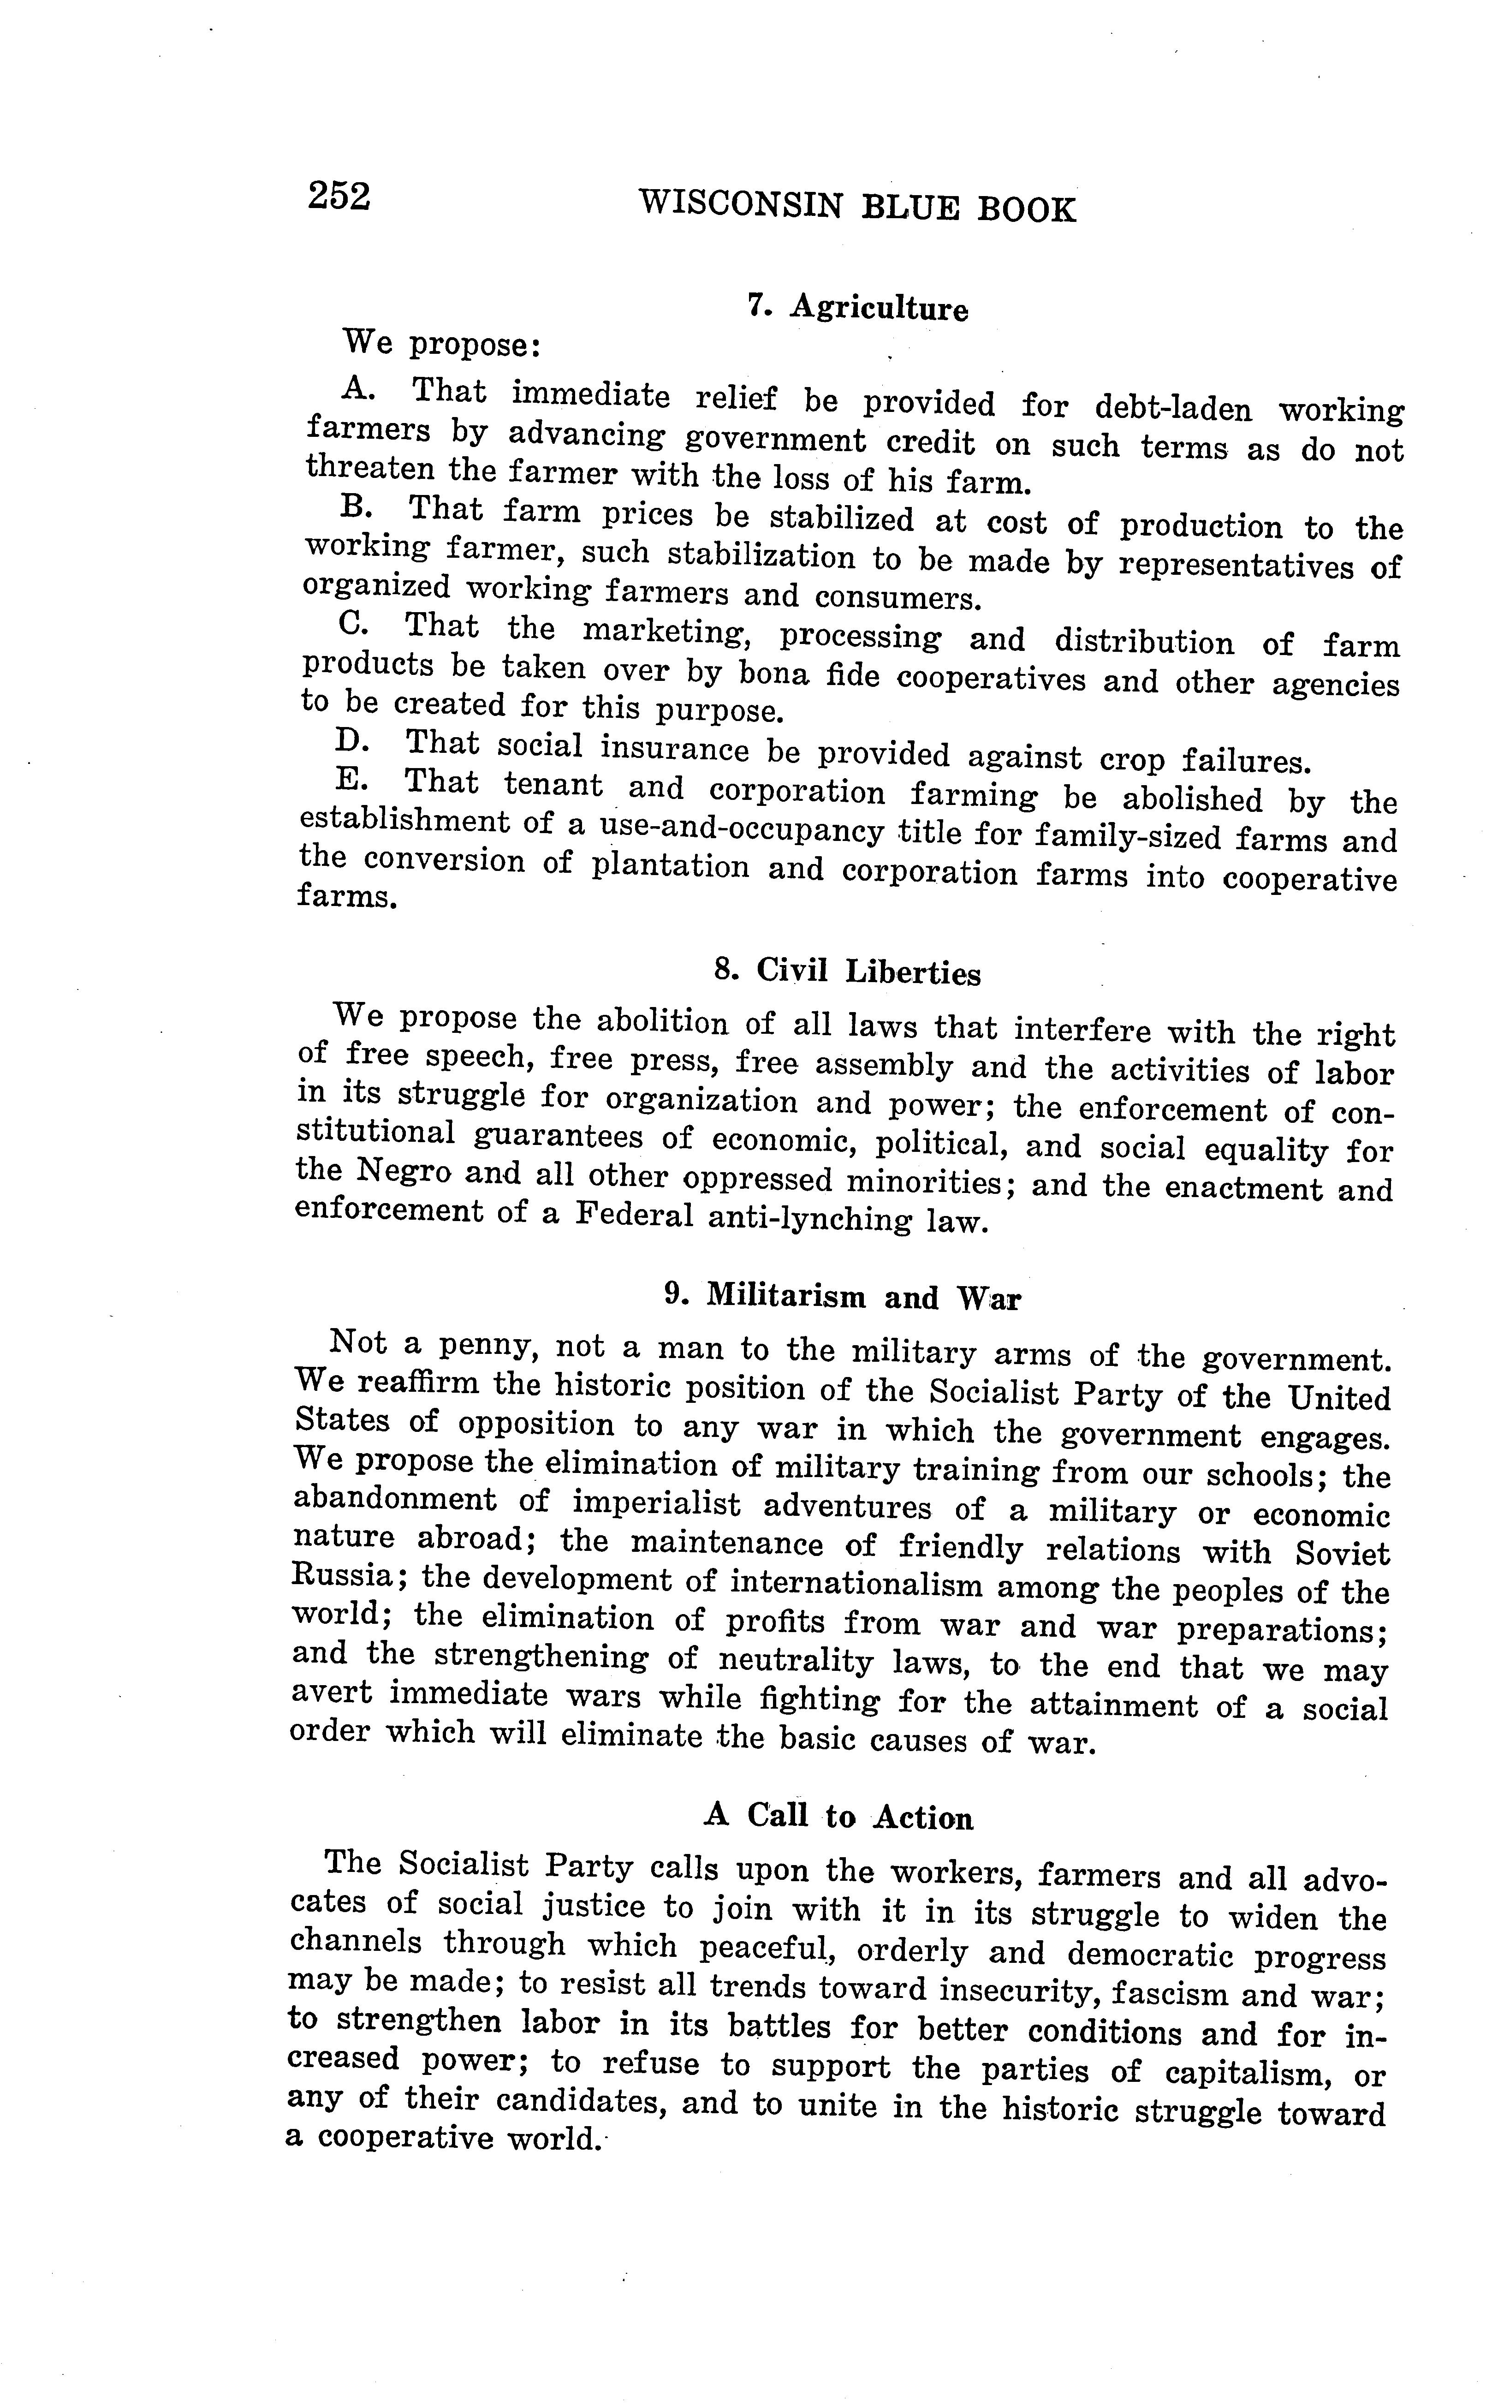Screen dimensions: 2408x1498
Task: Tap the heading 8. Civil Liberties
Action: (847, 972)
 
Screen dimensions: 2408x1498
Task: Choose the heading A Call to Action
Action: (838, 1817)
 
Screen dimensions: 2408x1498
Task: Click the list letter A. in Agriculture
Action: (357, 389)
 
